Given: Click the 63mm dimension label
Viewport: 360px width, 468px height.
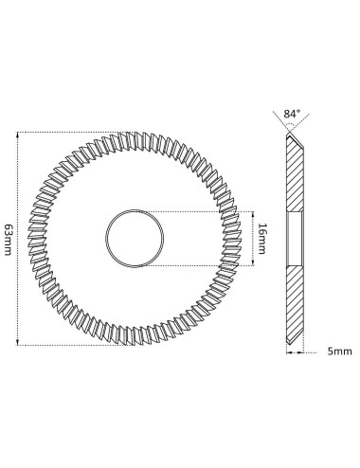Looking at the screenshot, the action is (x=8, y=240).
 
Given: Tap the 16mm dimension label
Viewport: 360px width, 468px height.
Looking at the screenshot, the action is (x=262, y=239).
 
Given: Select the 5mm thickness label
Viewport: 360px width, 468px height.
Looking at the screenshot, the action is (x=339, y=351).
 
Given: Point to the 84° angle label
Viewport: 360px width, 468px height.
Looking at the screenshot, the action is (x=292, y=114).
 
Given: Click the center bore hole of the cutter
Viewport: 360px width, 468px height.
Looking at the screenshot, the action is (x=135, y=239).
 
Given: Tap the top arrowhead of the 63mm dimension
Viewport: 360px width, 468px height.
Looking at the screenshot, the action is (x=18, y=135).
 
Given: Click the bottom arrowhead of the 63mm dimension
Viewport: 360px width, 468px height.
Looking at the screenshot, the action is (x=18, y=342).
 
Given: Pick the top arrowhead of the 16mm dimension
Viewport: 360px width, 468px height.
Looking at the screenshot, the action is (x=253, y=215).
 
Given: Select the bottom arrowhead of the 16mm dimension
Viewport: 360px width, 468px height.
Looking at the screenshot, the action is (x=253, y=262).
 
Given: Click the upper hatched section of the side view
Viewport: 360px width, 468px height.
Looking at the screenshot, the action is (x=296, y=178).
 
